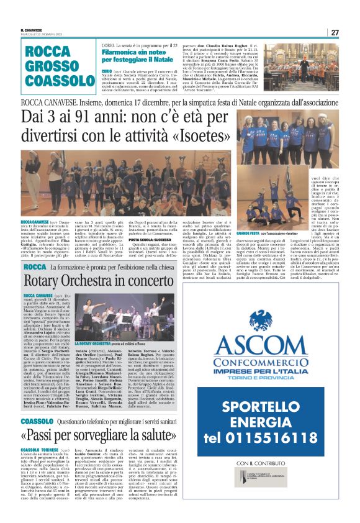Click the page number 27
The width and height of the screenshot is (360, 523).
(334, 32)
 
